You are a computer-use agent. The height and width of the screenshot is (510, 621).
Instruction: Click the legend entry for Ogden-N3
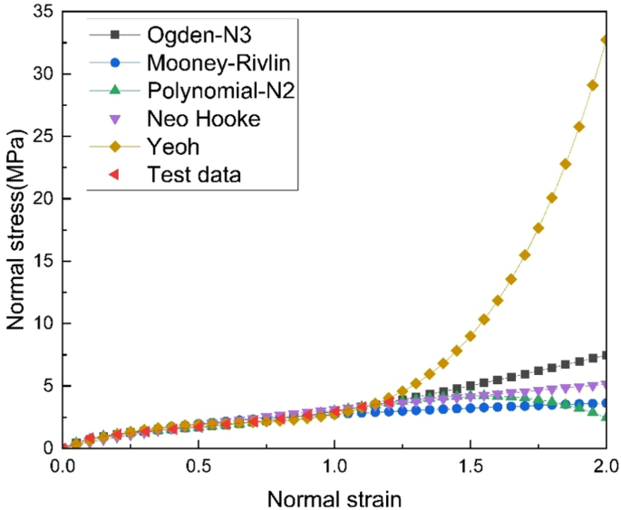(187, 35)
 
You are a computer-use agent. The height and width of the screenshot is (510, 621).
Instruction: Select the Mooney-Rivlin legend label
(204, 63)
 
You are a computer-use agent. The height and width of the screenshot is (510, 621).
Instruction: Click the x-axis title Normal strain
(335, 497)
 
